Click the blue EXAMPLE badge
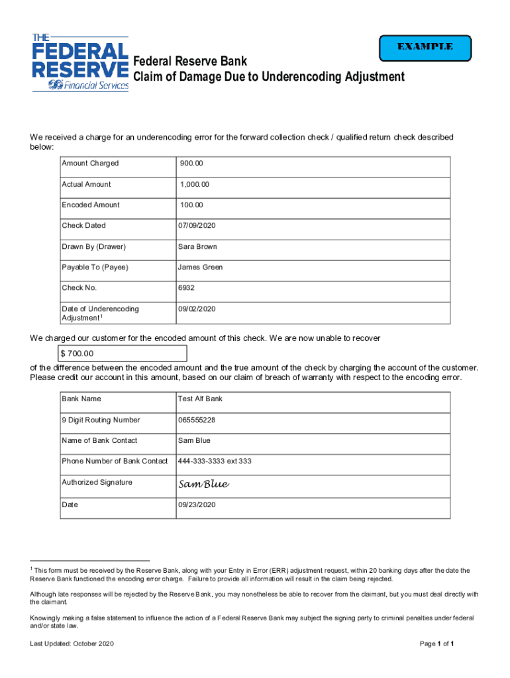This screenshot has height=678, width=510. [425, 47]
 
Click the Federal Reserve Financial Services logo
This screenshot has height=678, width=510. [79, 62]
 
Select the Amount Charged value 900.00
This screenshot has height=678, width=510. [192, 164]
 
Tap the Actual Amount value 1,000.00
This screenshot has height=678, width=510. [195, 184]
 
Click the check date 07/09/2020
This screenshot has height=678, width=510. [197, 226]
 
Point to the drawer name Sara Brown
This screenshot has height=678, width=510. [197, 247]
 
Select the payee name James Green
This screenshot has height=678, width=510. [200, 267]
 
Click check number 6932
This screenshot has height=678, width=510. [186, 288]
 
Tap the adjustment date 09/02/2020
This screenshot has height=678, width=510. [197, 309]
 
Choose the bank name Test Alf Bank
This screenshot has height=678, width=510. [200, 399]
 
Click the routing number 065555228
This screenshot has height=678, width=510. [197, 420]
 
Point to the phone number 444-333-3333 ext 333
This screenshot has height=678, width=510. [215, 461]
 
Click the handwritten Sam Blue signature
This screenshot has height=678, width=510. [203, 485]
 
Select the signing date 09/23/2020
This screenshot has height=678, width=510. [197, 505]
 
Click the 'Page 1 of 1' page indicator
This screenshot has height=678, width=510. [436, 644]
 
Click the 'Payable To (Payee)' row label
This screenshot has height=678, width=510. [95, 267]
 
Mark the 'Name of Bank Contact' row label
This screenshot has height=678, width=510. [99, 441]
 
